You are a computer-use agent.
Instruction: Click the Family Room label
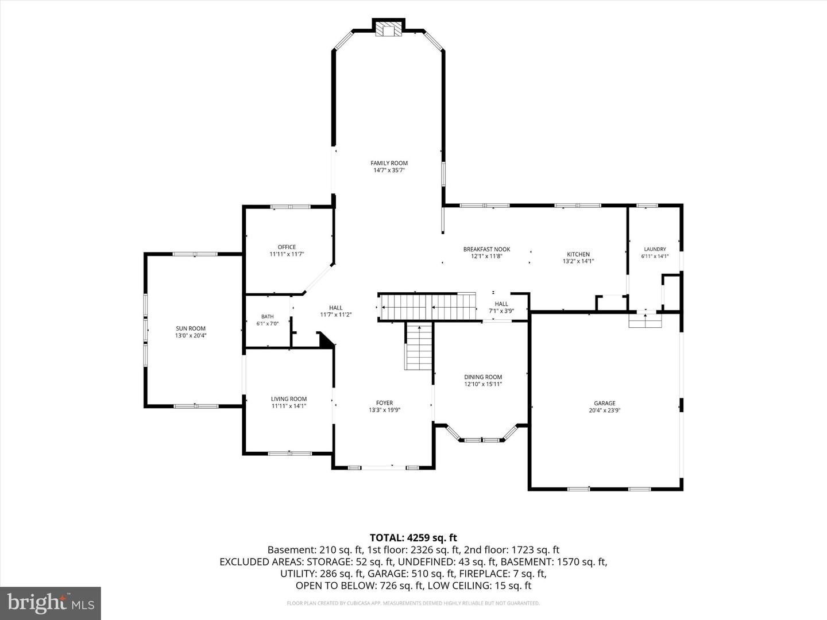tap(389, 163)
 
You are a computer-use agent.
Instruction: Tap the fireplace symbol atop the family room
tap(388, 30)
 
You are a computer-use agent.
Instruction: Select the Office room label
tap(287, 247)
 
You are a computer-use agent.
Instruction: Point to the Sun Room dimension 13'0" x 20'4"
tap(191, 335)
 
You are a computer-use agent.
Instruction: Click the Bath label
tap(268, 316)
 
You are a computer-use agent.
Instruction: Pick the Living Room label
tap(289, 398)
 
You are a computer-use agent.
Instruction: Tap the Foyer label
tap(384, 403)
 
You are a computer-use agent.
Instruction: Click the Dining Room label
tap(483, 377)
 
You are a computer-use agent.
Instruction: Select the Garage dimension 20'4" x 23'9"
tap(605, 410)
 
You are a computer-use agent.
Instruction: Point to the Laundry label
tap(655, 249)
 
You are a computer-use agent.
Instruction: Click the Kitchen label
tap(578, 254)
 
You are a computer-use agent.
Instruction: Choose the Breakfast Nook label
tap(487, 249)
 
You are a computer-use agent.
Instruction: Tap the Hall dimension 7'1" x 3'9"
tap(501, 311)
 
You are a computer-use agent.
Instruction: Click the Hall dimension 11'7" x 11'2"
tap(336, 315)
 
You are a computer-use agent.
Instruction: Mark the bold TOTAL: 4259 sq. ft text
tap(413, 537)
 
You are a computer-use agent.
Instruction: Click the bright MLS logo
tap(51, 603)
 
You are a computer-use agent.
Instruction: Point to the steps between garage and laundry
tap(646, 320)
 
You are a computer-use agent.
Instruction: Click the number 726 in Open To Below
tap(388, 586)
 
